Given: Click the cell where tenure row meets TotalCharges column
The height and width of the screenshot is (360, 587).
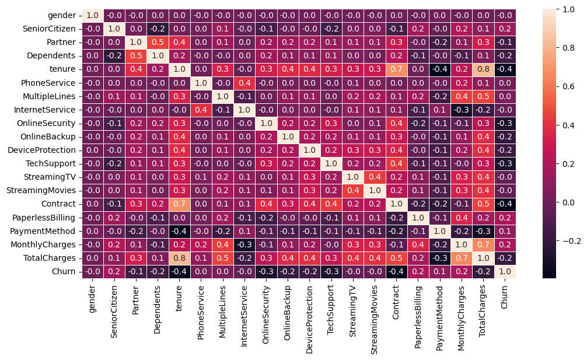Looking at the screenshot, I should [x=482, y=68].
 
